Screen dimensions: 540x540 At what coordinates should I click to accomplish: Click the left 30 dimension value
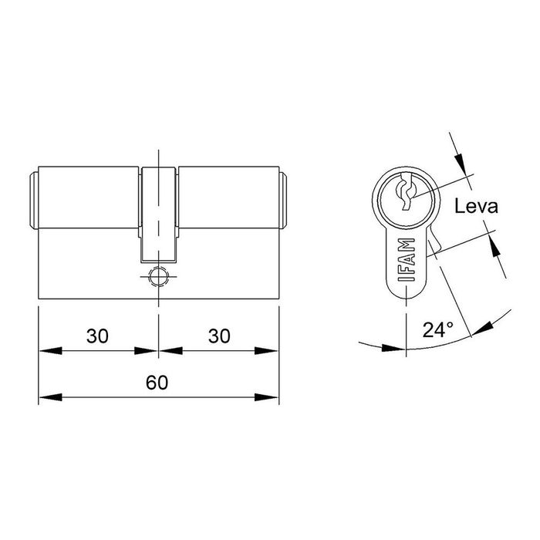(x=96, y=336)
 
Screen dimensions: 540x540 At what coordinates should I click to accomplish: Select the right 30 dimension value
(x=219, y=336)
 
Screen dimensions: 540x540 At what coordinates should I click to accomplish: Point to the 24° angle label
(x=438, y=330)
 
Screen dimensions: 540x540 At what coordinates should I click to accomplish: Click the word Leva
(x=476, y=207)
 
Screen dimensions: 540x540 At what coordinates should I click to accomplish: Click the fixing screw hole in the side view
(x=158, y=275)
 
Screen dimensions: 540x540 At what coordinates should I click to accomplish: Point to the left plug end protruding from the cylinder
(x=34, y=201)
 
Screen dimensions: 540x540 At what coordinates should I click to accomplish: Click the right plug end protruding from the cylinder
(x=283, y=201)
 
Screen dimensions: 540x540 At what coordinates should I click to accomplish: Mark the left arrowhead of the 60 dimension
(x=48, y=398)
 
